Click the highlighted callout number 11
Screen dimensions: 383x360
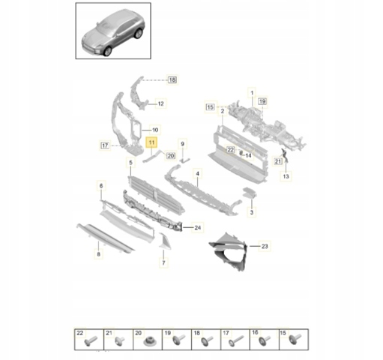pos(151,142)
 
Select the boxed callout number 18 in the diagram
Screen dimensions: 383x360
pos(172,80)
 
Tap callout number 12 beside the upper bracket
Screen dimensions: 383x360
pos(161,103)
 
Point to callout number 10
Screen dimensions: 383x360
pos(155,130)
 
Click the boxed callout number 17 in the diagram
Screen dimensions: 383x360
pos(105,145)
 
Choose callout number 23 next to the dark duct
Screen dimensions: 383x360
pos(265,247)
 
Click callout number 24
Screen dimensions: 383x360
pos(198,228)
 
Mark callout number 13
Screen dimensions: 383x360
pos(286,176)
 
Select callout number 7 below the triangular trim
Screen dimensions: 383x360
pos(163,263)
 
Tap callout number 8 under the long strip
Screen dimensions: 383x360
pos(99,254)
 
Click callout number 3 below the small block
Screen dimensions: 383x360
pos(252,212)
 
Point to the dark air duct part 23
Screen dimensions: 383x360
pos(229,251)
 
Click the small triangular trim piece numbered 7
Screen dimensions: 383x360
pos(165,241)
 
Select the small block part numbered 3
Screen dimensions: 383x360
pos(250,192)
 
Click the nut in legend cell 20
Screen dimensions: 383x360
pos(148,342)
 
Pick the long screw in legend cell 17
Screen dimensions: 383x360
pos(236,340)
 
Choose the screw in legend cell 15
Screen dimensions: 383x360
pos(295,340)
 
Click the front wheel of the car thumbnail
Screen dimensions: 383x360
pos(108,51)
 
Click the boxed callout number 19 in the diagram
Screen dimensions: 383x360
pos(262,101)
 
